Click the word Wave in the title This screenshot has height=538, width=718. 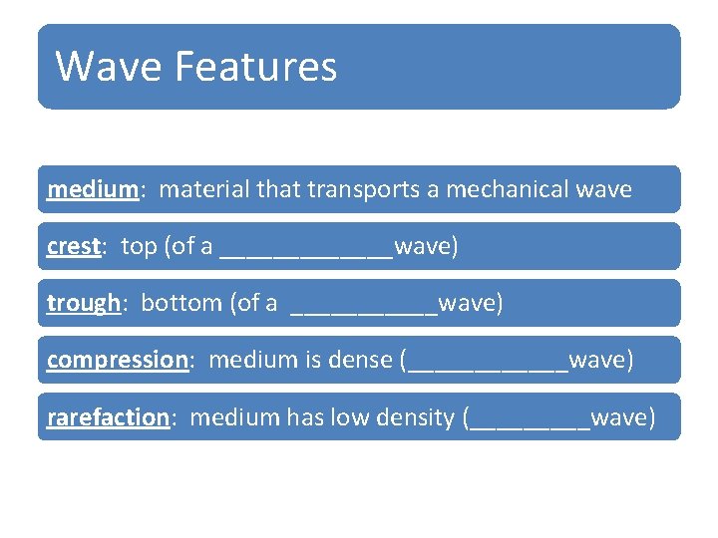click(109, 67)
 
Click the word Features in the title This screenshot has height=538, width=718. click(255, 67)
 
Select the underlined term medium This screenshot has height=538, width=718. click(92, 189)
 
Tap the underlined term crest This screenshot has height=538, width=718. click(73, 246)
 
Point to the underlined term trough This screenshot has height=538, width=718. click(83, 303)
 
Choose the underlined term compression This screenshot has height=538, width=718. click(117, 360)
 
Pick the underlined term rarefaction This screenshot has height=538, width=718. click(107, 416)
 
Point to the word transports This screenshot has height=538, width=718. click(364, 189)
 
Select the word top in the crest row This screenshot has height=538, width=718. click(138, 246)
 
